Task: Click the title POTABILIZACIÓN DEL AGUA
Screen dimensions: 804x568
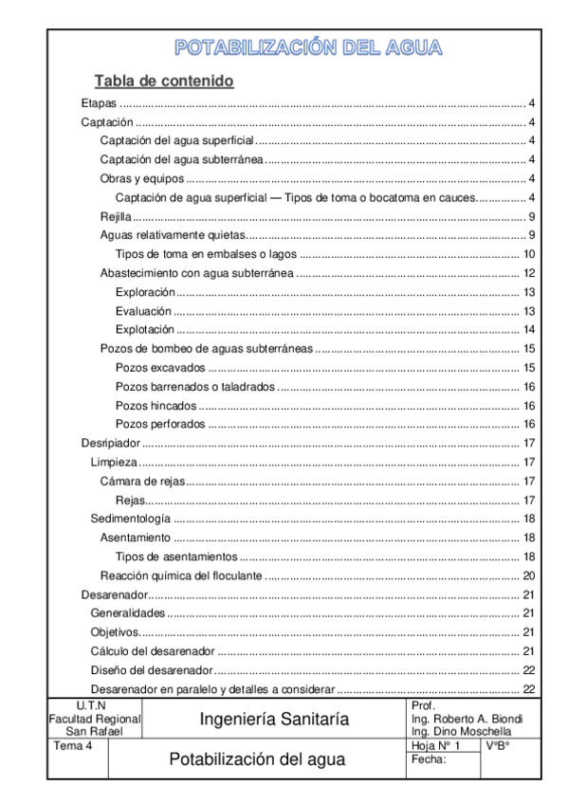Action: pyautogui.click(x=308, y=48)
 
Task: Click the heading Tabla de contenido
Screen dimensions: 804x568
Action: pyautogui.click(x=163, y=82)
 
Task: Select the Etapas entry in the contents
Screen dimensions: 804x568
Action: pyautogui.click(x=98, y=103)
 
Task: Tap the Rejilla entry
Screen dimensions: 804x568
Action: pyautogui.click(x=117, y=216)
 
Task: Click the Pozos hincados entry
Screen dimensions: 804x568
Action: pyautogui.click(x=156, y=405)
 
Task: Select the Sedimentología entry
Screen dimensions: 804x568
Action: pyautogui.click(x=131, y=519)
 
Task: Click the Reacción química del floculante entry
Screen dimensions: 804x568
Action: pyautogui.click(x=182, y=576)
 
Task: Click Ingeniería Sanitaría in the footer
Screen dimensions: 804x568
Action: pyautogui.click(x=273, y=720)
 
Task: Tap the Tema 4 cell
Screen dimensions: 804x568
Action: pyautogui.click(x=71, y=746)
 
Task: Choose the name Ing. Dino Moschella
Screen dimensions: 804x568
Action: pyautogui.click(x=462, y=732)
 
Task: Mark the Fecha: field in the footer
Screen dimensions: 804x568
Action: pyautogui.click(x=429, y=760)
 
